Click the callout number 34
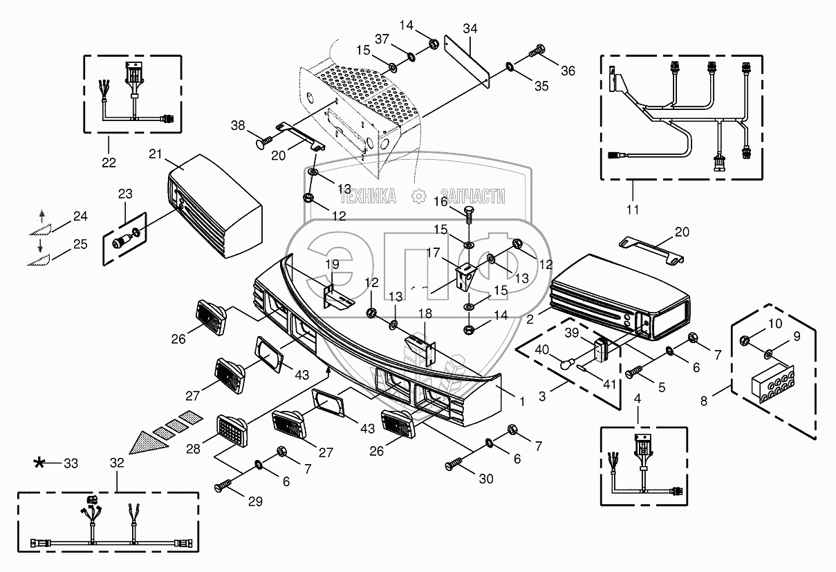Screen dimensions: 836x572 470,29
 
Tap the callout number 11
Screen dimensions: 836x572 633,210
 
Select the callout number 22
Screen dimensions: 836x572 109,163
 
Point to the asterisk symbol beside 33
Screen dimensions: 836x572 39,463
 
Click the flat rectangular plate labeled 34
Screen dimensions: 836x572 467,62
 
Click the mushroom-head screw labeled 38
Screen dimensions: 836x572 264,142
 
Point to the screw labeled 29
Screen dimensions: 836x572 223,486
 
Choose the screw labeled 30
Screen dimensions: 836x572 454,463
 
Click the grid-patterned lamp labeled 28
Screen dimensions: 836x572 232,430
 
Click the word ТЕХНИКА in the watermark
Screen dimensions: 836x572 368,196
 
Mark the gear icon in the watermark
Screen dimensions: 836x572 419,196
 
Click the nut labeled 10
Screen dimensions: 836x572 743,340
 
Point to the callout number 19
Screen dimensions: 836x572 332,264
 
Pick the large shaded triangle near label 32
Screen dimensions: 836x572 148,443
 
